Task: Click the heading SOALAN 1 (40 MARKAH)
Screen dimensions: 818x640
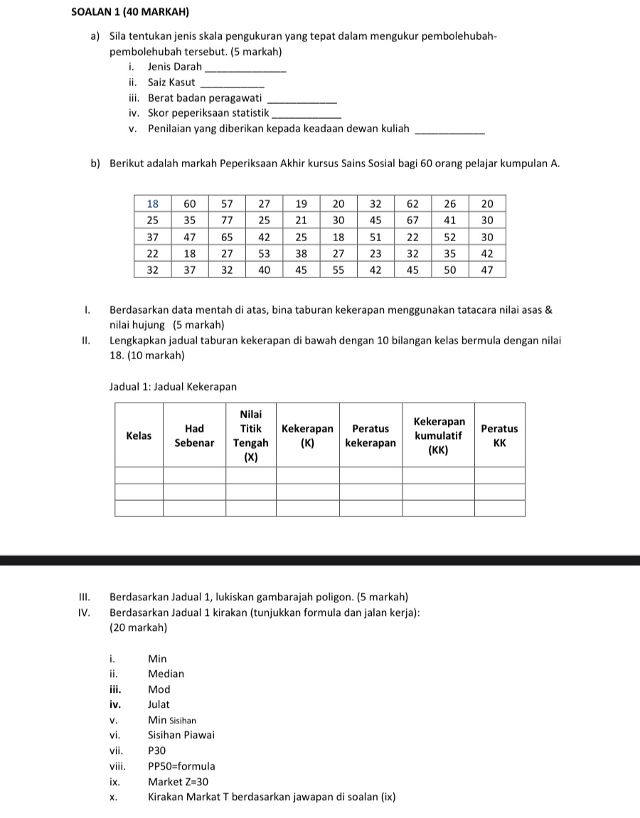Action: [x=134, y=12]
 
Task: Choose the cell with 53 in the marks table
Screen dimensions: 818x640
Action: [x=264, y=253]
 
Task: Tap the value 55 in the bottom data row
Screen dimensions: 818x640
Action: [x=338, y=270]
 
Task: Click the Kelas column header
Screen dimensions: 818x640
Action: [x=139, y=435]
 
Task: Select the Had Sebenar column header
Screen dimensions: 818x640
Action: [x=194, y=435]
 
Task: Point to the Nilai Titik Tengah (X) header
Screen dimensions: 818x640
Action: [x=250, y=435]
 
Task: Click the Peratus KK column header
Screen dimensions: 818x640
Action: [x=499, y=435]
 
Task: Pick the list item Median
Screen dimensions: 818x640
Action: [x=166, y=674]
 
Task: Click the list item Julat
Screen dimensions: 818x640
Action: [x=159, y=704]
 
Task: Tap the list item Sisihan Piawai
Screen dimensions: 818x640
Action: [x=181, y=735]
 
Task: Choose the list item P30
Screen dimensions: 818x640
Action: [x=156, y=750]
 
